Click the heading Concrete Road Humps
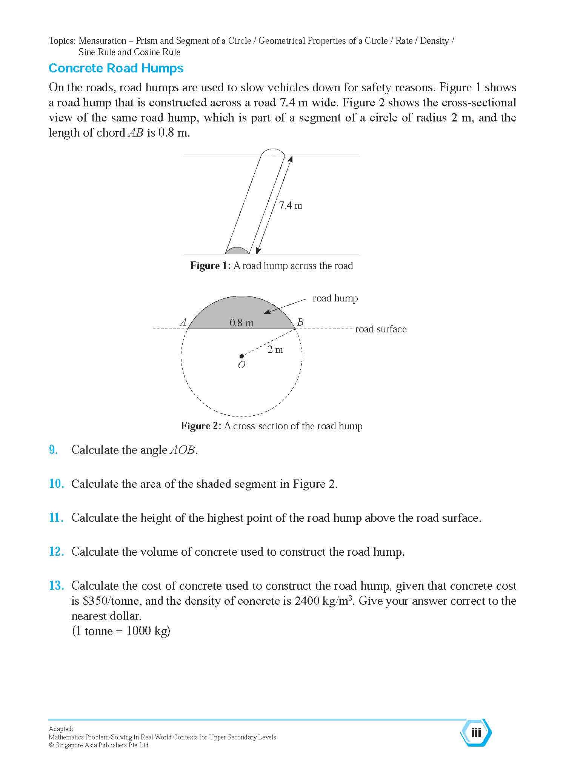116,68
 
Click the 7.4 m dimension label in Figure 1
290,206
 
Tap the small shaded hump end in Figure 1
237,251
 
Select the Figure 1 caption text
271,266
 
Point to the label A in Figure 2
183,322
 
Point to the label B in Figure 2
300,322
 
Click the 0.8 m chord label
241,323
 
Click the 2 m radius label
275,350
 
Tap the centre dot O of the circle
241,356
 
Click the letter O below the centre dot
241,365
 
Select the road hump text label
335,298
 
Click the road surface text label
381,329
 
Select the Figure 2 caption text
271,426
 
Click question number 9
54,450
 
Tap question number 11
55,518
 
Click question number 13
56,586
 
